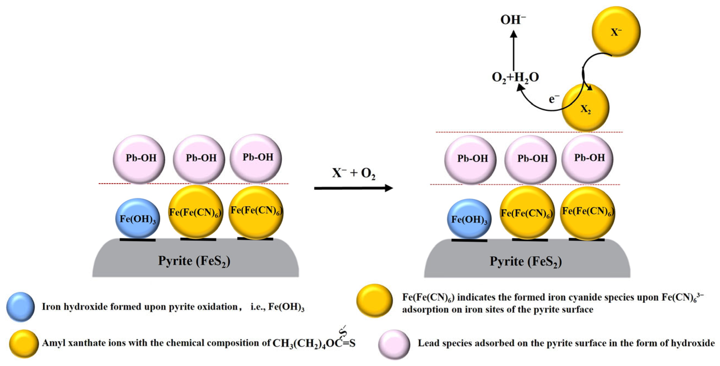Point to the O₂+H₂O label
(x=515, y=77)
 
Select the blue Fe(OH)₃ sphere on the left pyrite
(x=137, y=218)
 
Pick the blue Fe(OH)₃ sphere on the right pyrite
(x=469, y=219)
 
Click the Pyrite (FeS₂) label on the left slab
(x=194, y=261)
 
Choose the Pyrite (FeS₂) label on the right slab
(x=525, y=261)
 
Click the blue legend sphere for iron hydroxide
(x=21, y=307)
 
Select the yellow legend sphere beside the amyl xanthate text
(x=24, y=344)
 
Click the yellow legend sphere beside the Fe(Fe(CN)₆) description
(x=375, y=300)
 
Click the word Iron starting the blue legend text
(x=51, y=307)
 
